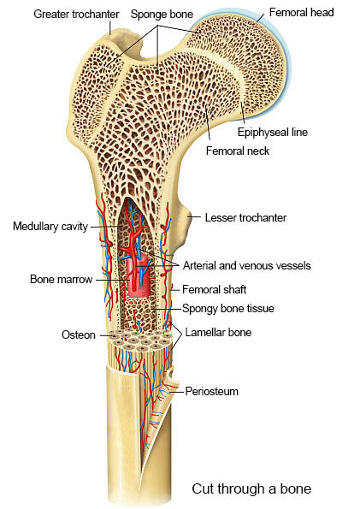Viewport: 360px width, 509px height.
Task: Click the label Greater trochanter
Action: [76, 15]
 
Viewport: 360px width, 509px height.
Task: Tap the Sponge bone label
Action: [162, 14]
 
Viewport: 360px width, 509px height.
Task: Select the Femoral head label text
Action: [302, 12]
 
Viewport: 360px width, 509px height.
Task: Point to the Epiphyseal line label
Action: [273, 132]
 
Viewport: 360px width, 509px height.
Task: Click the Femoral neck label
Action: [238, 151]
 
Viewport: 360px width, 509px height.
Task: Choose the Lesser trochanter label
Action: [245, 217]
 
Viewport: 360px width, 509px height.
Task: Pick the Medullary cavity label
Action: [50, 226]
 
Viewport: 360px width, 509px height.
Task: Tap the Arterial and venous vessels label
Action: [247, 265]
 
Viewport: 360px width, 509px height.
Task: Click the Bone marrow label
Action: [61, 279]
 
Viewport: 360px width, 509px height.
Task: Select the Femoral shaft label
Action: [215, 289]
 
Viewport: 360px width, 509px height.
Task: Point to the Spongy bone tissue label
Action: [228, 308]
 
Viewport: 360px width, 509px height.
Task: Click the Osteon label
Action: [79, 334]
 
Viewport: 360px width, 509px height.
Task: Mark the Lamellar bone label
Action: [218, 332]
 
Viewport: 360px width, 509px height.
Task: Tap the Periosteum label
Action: [212, 391]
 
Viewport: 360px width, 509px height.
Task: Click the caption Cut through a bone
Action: [251, 488]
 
